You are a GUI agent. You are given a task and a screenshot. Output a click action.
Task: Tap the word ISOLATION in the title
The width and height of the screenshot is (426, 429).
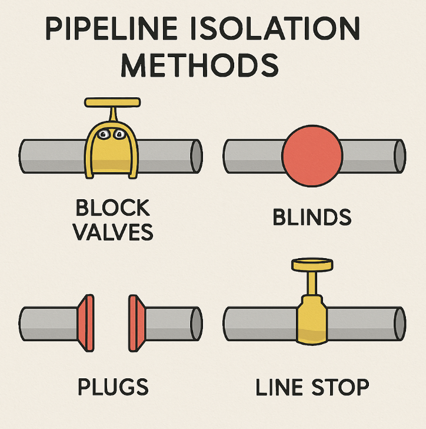pos(291,29)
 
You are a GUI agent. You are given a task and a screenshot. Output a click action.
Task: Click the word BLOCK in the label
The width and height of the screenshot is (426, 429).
pos(113,208)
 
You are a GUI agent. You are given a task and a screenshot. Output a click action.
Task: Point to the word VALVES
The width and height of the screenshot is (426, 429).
pos(113,232)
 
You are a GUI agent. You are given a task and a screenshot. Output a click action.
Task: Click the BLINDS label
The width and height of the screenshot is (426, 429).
pos(312,217)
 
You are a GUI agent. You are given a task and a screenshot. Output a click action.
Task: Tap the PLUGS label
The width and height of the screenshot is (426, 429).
pos(113,387)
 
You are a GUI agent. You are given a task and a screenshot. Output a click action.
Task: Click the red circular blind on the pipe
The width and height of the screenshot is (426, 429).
pos(312,156)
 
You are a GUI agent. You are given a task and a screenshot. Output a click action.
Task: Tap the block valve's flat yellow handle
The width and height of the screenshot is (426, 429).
pos(112,103)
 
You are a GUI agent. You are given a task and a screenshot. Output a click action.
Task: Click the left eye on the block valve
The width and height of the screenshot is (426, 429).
pos(104,136)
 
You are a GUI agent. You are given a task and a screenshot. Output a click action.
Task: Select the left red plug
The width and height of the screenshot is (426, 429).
pos(86,319)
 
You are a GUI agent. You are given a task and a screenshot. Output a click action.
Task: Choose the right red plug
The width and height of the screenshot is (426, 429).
pos(136,319)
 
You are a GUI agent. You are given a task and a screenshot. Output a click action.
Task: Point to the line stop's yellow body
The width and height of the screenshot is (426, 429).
pos(312,321)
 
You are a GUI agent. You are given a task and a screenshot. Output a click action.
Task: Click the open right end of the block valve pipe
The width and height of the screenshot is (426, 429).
pos(196,156)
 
